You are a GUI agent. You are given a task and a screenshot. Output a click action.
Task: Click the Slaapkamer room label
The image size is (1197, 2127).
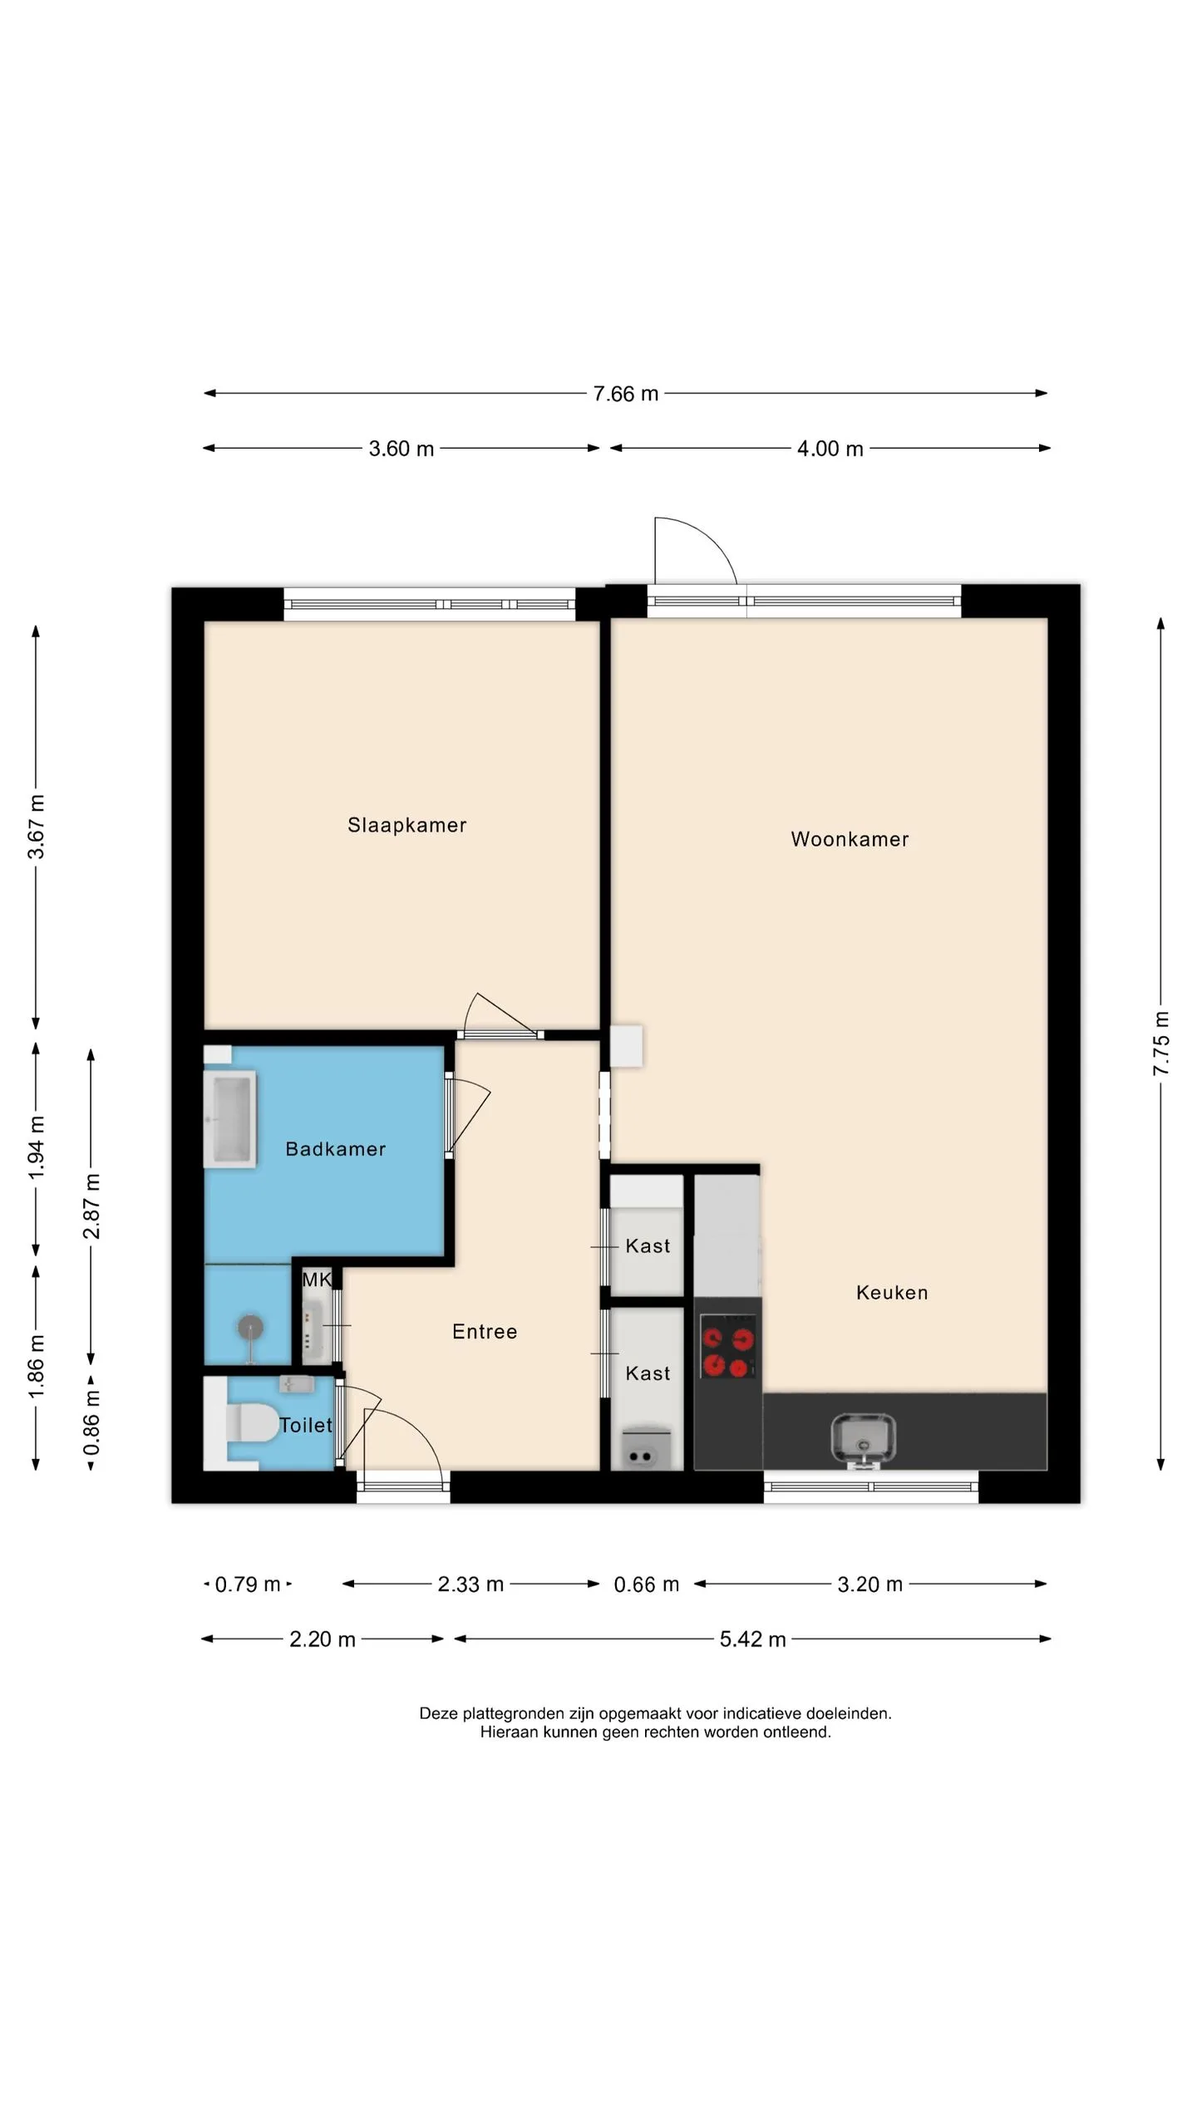406,825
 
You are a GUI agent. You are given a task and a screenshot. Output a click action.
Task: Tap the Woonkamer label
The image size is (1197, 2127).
850,839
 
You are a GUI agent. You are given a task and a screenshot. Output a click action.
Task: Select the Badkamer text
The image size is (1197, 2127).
336,1149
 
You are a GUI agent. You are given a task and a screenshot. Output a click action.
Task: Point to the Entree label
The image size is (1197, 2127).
485,1332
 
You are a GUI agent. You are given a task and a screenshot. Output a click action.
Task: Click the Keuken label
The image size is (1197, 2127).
892,1293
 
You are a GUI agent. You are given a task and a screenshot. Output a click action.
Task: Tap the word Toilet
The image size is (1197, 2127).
306,1426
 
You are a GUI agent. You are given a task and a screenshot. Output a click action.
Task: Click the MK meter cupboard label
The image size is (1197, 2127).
317,1280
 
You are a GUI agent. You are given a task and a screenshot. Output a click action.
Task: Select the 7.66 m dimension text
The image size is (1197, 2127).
625,394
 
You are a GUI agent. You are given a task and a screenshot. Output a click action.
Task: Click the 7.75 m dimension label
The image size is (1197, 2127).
1161,1044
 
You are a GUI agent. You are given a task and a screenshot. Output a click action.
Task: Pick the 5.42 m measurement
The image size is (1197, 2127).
752,1639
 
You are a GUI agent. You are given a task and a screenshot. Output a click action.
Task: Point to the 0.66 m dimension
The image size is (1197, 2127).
646,1584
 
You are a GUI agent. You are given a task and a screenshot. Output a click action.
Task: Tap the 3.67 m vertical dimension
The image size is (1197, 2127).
37,827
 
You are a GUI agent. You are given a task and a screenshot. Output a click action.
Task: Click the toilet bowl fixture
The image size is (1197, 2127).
249,1423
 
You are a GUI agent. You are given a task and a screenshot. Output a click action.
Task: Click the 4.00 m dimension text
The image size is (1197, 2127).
830,449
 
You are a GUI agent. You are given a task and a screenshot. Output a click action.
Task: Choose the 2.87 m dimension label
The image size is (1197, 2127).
91,1206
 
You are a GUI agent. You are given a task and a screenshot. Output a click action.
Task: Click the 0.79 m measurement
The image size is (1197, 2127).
248,1584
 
